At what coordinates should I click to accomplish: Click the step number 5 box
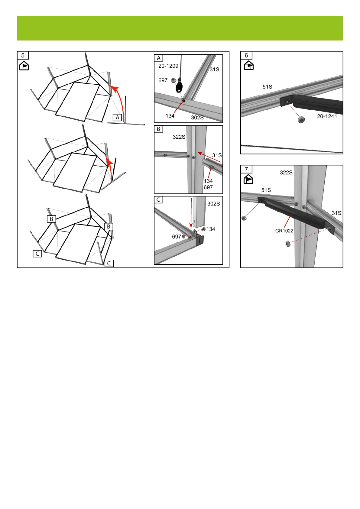(x=23, y=55)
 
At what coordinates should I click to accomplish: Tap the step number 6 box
(x=246, y=55)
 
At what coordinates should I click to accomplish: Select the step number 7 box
(x=246, y=169)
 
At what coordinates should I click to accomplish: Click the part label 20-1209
(x=168, y=66)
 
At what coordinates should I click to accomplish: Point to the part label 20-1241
(x=327, y=116)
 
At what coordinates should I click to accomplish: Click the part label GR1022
(x=284, y=231)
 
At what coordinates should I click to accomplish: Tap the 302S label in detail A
(x=197, y=118)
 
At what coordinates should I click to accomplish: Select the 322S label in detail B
(x=179, y=137)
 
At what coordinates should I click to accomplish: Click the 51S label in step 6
(x=267, y=86)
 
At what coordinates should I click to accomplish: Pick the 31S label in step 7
(x=336, y=213)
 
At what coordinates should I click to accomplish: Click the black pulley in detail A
(x=179, y=87)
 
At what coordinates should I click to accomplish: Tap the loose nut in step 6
(x=301, y=119)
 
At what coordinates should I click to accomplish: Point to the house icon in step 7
(x=248, y=179)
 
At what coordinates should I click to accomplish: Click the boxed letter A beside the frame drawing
(x=117, y=118)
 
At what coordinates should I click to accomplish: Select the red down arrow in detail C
(x=191, y=213)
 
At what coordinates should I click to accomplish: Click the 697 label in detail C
(x=176, y=237)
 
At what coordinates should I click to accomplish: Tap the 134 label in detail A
(x=170, y=116)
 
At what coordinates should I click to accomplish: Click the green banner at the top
(x=180, y=28)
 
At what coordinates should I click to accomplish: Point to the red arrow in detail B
(x=209, y=157)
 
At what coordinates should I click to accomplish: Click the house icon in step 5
(x=24, y=66)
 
